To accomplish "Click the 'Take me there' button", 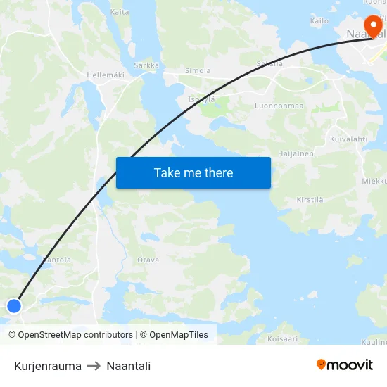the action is click(x=193, y=172).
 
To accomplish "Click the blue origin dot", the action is click(x=14, y=305).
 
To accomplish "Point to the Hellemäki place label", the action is click(x=105, y=75).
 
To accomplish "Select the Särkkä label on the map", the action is click(x=146, y=65).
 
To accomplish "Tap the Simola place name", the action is click(x=198, y=71).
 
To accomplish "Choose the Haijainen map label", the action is click(x=296, y=153).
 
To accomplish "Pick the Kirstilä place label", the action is click(x=310, y=200).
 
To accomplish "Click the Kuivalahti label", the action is click(x=349, y=139).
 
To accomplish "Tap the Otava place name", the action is click(x=148, y=260).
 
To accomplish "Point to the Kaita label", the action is click(x=120, y=12).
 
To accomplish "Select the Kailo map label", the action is click(x=319, y=21).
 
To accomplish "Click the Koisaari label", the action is click(x=283, y=339).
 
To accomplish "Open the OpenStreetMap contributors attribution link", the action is click(x=75, y=335).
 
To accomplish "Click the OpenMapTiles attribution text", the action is click(x=179, y=335).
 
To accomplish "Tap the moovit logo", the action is click(x=345, y=364).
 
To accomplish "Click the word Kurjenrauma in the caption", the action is click(x=48, y=366).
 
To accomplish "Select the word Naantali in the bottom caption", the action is click(x=129, y=366).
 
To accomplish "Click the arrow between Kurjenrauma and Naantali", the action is click(x=94, y=366).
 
